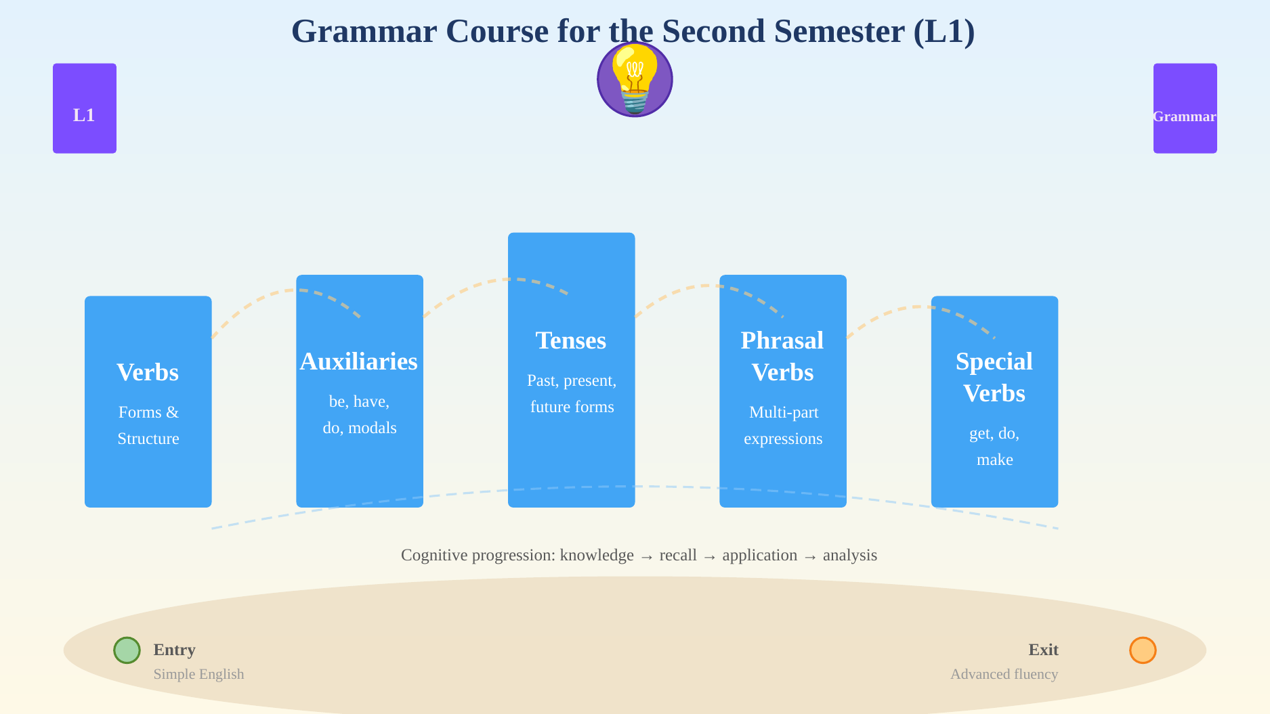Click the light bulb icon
(635, 79)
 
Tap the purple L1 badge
(85, 108)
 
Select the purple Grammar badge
(1185, 108)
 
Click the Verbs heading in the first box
(148, 372)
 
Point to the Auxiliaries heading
(359, 361)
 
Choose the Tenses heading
(571, 340)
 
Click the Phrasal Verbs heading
(782, 356)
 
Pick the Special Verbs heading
(994, 377)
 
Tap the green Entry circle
(127, 650)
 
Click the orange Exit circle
(1143, 650)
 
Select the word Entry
(175, 650)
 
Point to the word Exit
(1043, 650)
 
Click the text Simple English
(198, 674)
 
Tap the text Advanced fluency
(1004, 674)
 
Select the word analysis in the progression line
(850, 555)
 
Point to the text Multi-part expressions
(783, 425)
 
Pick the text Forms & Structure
(148, 425)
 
